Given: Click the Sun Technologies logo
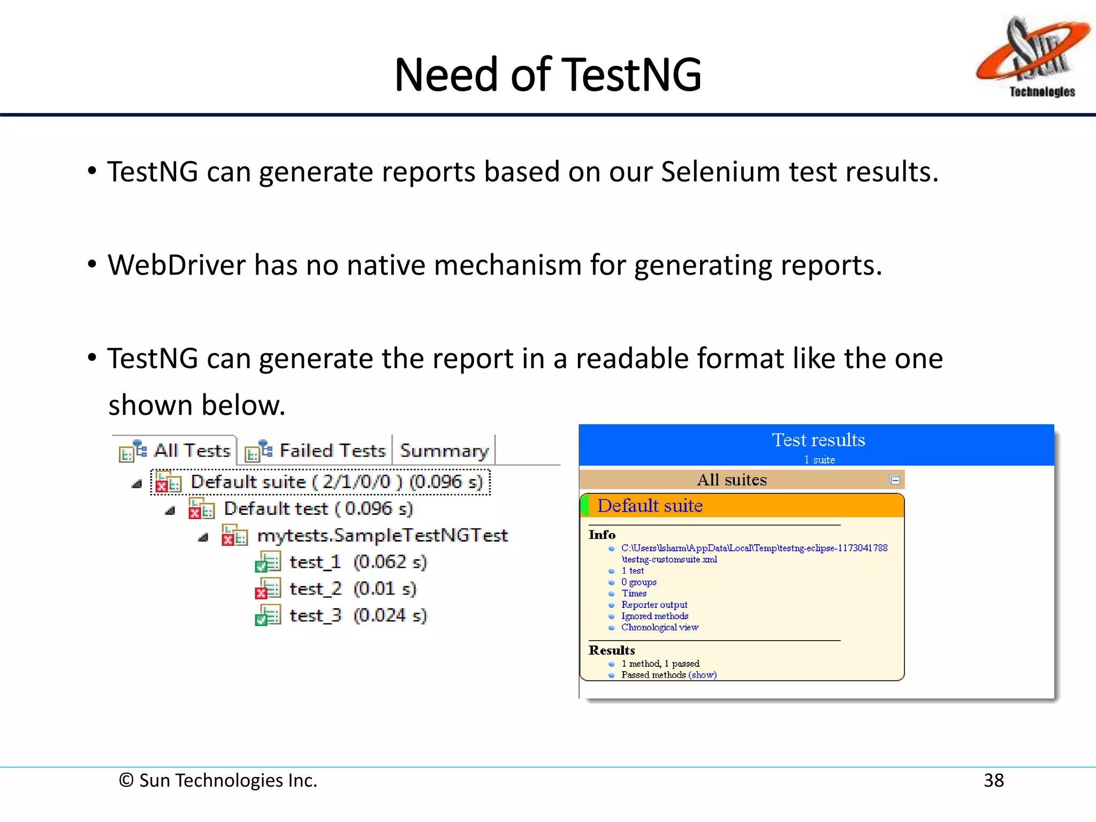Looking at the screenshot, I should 1031,57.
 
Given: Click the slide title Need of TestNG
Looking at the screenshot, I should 547,75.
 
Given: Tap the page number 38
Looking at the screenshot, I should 993,780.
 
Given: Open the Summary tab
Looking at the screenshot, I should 444,451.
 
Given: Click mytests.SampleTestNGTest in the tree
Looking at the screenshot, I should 382,535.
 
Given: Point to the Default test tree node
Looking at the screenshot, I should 318,508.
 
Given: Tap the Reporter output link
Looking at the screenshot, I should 654,605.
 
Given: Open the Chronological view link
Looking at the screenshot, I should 659,627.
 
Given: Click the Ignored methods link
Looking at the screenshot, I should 654,616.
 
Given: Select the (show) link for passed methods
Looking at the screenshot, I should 702,675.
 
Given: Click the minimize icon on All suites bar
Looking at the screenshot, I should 894,480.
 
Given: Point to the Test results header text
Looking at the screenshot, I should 818,440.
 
